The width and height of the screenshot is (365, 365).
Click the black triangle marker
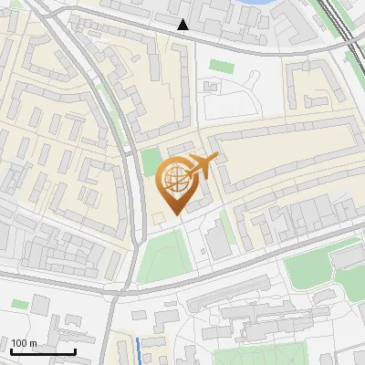[x=184, y=25]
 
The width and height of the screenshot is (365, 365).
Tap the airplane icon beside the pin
[x=202, y=167]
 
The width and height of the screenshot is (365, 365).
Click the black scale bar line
[x=43, y=351]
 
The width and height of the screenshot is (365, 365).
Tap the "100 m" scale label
[x=25, y=343]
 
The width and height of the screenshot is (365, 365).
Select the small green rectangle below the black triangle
[x=221, y=66]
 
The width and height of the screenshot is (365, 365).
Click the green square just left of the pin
[x=151, y=162]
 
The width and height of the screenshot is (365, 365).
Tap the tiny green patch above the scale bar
[x=20, y=304]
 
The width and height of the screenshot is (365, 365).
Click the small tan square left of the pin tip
[x=159, y=216]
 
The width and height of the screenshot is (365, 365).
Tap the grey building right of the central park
[x=218, y=239]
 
